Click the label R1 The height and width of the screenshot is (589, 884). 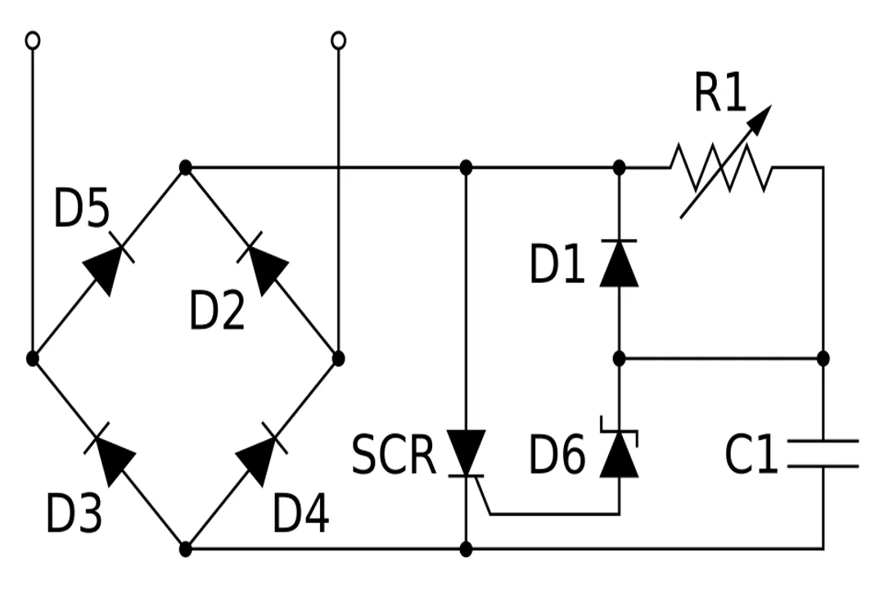pyautogui.click(x=720, y=93)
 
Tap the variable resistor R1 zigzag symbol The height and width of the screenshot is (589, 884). pyautogui.click(x=720, y=168)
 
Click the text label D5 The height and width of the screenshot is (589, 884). pyautogui.click(x=81, y=209)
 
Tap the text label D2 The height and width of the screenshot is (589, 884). pyautogui.click(x=217, y=312)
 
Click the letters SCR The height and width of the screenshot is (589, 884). pyautogui.click(x=394, y=456)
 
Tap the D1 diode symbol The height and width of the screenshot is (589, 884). pyautogui.click(x=619, y=263)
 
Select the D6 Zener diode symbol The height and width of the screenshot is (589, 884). pyautogui.click(x=619, y=455)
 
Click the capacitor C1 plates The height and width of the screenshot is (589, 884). pyautogui.click(x=823, y=454)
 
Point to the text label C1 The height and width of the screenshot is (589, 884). pyautogui.click(x=751, y=456)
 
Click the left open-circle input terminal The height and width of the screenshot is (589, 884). pyautogui.click(x=33, y=40)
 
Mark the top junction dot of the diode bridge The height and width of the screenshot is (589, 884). pyautogui.click(x=186, y=168)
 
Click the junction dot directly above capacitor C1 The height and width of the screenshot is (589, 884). pyautogui.click(x=823, y=358)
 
